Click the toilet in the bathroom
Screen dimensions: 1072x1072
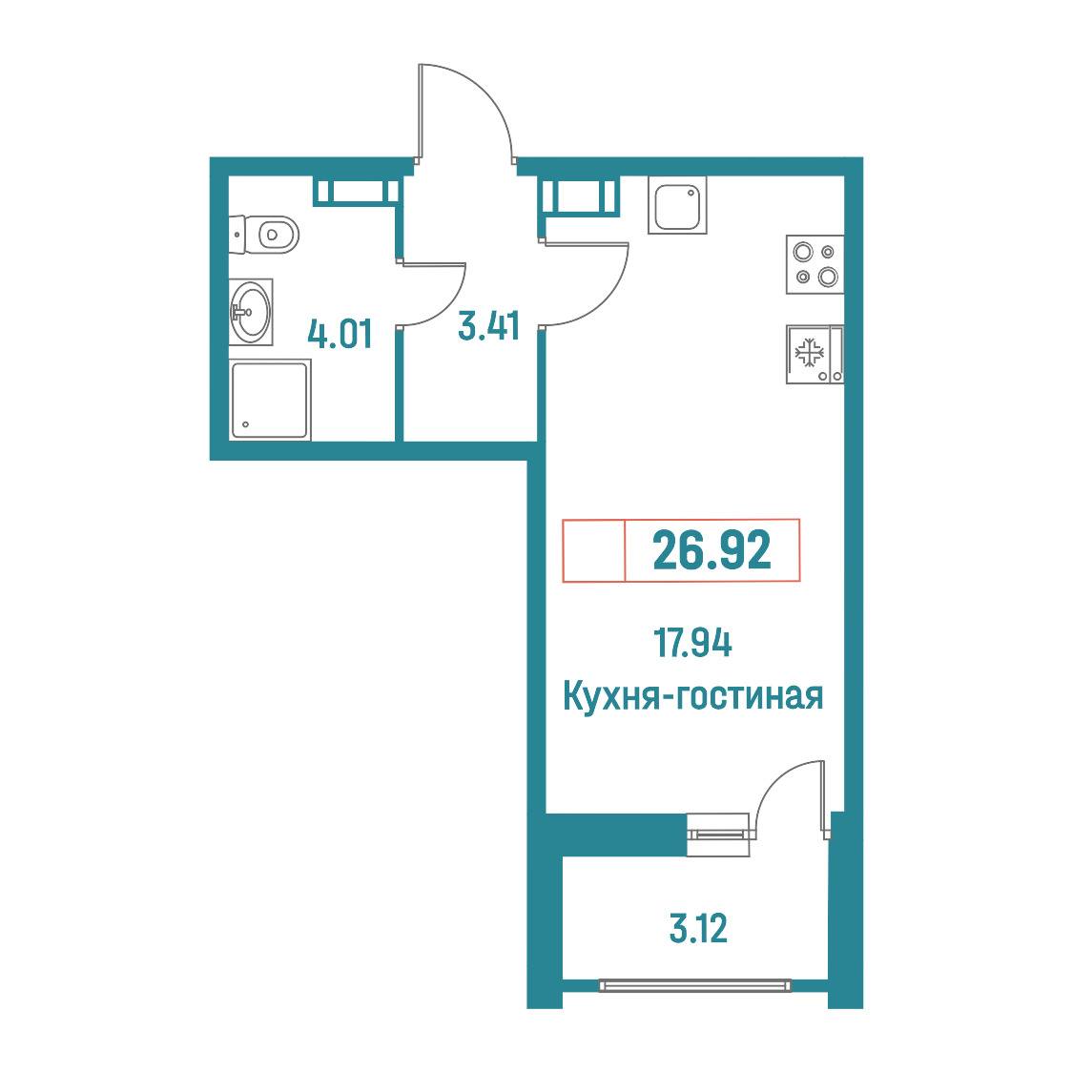[264, 235]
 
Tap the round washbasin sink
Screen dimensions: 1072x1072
[251, 312]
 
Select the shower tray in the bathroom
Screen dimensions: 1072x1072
[269, 400]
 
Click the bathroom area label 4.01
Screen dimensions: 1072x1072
[340, 335]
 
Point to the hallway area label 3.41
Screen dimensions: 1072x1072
[489, 325]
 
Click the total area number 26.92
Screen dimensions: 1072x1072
[711, 550]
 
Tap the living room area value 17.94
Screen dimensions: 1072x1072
[692, 643]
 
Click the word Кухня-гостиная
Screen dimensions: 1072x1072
[692, 696]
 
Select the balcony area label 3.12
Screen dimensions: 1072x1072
[698, 928]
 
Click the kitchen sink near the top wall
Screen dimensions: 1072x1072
[677, 205]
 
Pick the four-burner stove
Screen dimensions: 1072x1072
[814, 264]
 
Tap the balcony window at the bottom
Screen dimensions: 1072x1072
[694, 985]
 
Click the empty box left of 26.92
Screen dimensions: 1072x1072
[594, 550]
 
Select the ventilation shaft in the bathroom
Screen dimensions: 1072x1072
[356, 191]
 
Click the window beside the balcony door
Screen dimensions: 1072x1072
[718, 835]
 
